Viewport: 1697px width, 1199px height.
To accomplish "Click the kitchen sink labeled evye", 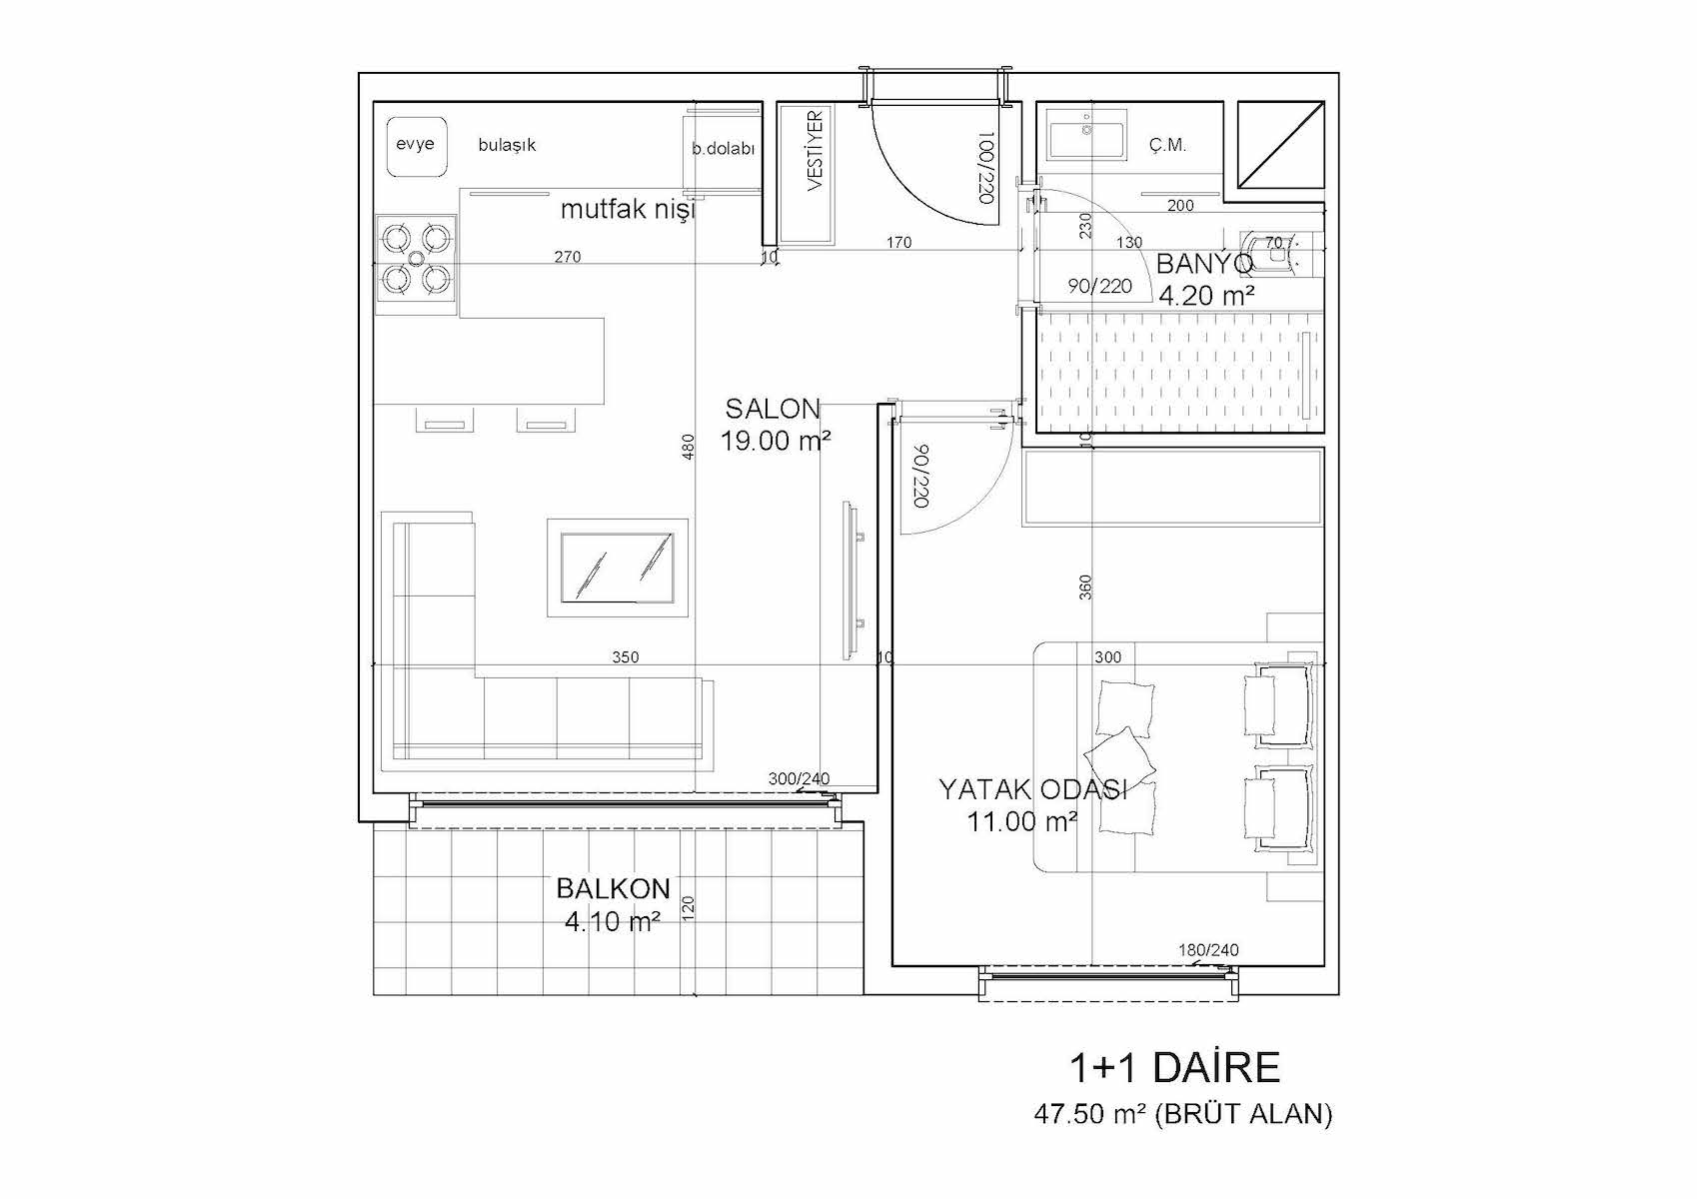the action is [x=415, y=146].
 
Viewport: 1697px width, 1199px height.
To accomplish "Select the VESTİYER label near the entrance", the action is [x=815, y=151].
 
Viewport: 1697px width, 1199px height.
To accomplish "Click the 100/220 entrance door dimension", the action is [x=984, y=167].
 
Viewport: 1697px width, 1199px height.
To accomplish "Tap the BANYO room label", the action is [x=1204, y=264].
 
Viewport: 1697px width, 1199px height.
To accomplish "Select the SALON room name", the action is [x=773, y=409].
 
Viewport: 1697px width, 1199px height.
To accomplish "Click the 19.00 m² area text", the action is [x=776, y=440].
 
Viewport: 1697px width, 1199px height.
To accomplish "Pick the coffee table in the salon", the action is [x=618, y=568].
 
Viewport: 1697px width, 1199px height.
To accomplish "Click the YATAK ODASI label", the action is [x=1033, y=790].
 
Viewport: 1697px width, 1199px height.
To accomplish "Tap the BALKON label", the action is [x=614, y=888].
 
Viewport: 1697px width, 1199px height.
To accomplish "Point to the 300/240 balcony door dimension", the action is [x=799, y=778].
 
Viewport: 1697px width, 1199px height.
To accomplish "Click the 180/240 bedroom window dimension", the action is [x=1208, y=950].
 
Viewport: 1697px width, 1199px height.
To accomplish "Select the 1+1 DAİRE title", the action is [x=1174, y=1068].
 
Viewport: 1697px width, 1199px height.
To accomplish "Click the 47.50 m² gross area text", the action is [x=1182, y=1114].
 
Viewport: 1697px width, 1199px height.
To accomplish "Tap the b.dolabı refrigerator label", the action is [x=724, y=149].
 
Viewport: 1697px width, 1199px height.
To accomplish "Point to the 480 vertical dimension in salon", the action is [x=688, y=448].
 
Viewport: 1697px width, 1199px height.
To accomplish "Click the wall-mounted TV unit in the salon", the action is [x=852, y=581].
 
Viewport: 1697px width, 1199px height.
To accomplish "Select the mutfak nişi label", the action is [x=628, y=209].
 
